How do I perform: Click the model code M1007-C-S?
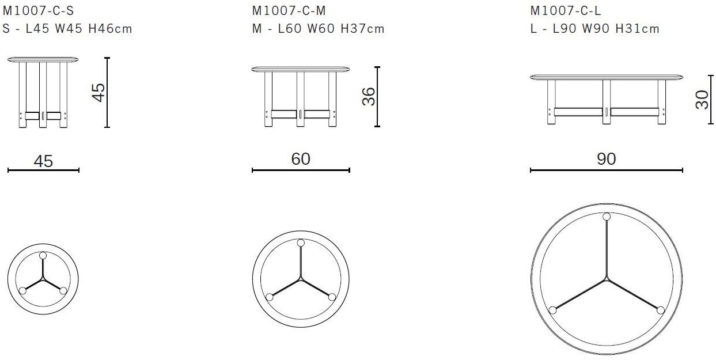39,11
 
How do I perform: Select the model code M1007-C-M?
289,11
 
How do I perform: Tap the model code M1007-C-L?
566,11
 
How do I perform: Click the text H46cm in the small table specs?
110,29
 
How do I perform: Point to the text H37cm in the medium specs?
362,29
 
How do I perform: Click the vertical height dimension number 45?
99,93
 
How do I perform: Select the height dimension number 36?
369,97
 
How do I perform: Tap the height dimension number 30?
702,100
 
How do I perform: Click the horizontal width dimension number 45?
43,161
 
